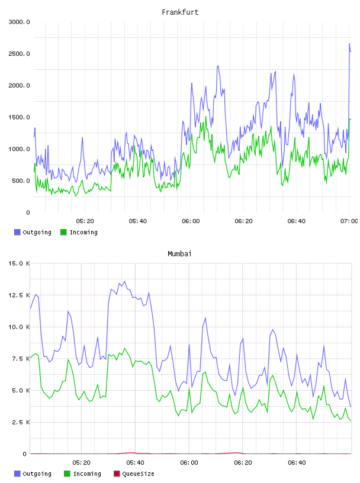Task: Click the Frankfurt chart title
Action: click(180, 12)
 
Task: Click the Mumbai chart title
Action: click(179, 254)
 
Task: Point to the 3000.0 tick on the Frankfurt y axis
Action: click(19, 22)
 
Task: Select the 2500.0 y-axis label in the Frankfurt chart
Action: click(19, 54)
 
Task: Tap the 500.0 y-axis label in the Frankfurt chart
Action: click(21, 181)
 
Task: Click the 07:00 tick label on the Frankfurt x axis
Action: click(349, 221)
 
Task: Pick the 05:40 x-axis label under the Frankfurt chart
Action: click(138, 221)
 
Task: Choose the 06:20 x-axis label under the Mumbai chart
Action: click(243, 463)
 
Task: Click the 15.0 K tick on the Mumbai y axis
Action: click(19, 263)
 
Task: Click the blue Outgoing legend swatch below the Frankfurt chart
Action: click(17, 232)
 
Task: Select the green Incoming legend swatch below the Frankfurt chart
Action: click(63, 232)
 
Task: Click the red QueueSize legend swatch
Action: click(117, 474)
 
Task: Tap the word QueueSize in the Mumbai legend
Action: click(139, 474)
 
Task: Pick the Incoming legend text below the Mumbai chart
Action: click(87, 474)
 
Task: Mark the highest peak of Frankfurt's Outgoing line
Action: click(349, 44)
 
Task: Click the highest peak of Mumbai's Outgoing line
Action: click(124, 281)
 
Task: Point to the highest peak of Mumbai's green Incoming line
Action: click(124, 349)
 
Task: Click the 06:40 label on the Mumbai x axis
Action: click(297, 463)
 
